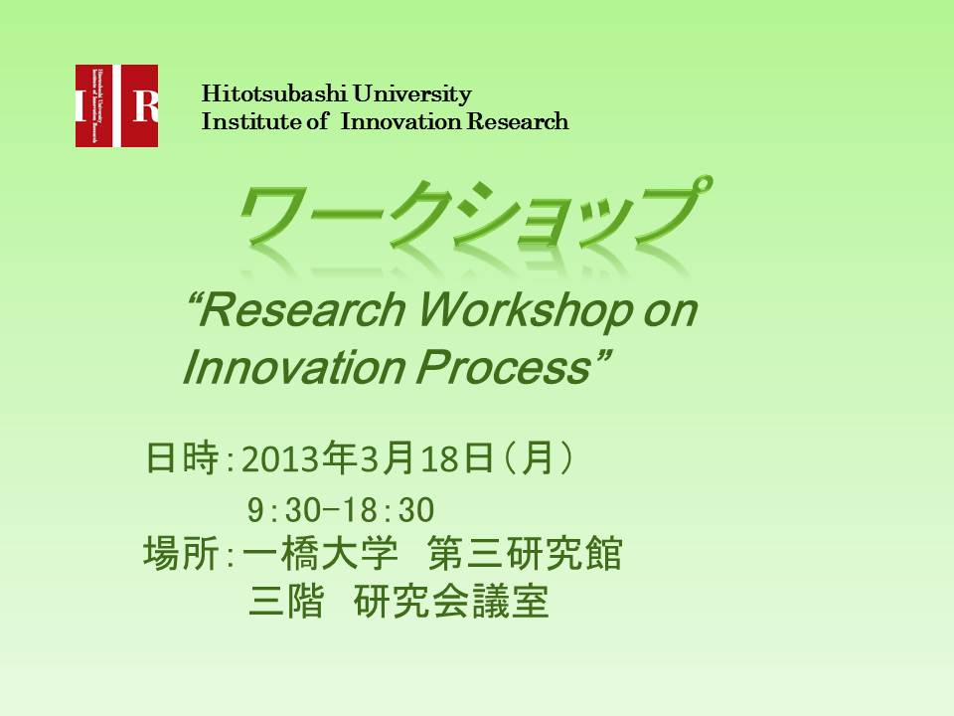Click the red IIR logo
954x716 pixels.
point(117,106)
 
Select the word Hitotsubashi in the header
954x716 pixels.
point(274,93)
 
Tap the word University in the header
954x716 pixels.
point(411,93)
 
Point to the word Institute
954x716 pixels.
point(252,121)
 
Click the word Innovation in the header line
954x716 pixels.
point(400,121)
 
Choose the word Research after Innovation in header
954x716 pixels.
point(517,121)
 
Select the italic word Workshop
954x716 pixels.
point(527,311)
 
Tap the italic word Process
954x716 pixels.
point(504,368)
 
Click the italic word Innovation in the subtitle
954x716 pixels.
point(294,368)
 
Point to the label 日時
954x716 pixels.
point(182,457)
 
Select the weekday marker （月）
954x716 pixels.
point(539,457)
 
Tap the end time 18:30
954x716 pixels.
point(388,510)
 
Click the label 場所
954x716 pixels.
point(181,554)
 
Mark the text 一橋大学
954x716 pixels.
point(320,554)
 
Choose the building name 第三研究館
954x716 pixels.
point(525,554)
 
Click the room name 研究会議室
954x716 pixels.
point(451,602)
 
